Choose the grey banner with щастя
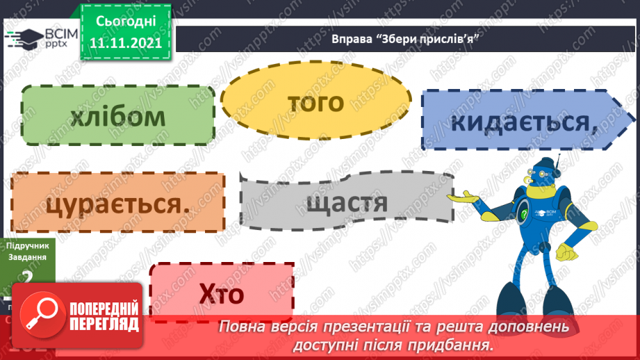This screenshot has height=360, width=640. pyautogui.click(x=345, y=203)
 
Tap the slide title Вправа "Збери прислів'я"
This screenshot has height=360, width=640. pyautogui.click(x=407, y=39)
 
